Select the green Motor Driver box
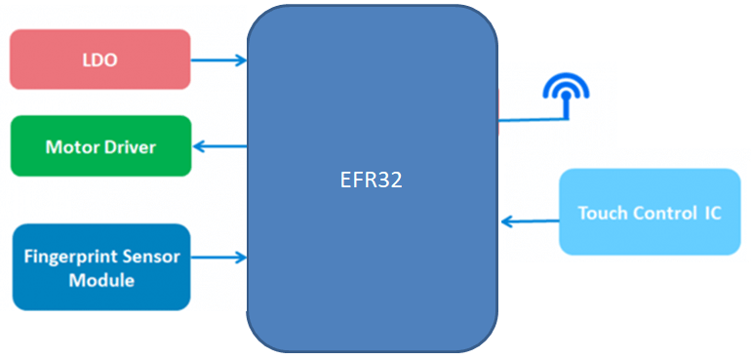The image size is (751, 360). click(x=99, y=146)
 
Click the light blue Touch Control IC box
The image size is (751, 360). click(x=649, y=212)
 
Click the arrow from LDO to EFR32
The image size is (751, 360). click(x=218, y=60)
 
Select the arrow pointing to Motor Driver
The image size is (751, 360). click(x=218, y=146)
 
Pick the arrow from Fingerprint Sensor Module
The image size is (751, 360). click(x=218, y=258)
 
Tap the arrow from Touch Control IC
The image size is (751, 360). click(x=529, y=220)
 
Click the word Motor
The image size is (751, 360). click(x=69, y=147)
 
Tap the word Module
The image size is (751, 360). click(x=100, y=281)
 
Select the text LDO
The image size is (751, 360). click(x=99, y=60)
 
